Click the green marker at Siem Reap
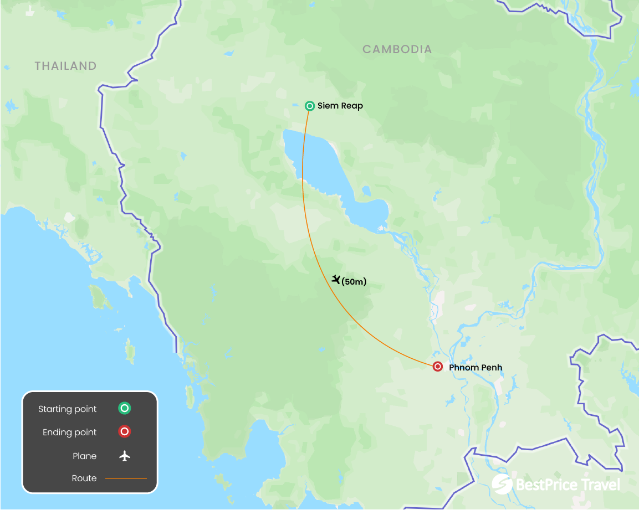[x=310, y=106]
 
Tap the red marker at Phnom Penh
[x=438, y=367]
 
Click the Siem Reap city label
[x=340, y=106]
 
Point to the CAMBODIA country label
[x=397, y=49]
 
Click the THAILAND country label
[x=65, y=66]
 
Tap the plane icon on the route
[x=336, y=280]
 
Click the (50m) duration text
[x=354, y=282]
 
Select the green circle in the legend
[x=125, y=409]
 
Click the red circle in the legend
[x=125, y=432]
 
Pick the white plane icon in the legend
[x=125, y=456]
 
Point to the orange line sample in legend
[x=126, y=478]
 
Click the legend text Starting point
[x=67, y=409]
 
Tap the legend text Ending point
[x=69, y=432]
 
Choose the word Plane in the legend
[x=84, y=456]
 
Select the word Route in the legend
[x=84, y=478]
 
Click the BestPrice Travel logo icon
[x=502, y=483]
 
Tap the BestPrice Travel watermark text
[x=568, y=485]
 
